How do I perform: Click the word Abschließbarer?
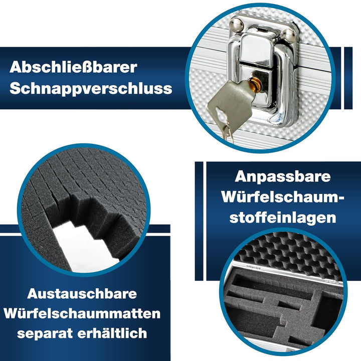[x=73, y=67]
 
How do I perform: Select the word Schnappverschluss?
[x=91, y=89]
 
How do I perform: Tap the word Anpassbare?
[x=283, y=177]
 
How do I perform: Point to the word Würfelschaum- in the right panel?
[x=283, y=197]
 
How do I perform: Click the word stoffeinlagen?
[x=283, y=218]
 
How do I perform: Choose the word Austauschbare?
[x=82, y=294]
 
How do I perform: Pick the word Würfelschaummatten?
[x=82, y=313]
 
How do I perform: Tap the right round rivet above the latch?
[x=288, y=36]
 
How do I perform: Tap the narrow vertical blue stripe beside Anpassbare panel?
[x=199, y=221]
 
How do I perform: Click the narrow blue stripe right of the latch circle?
[x=348, y=78]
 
